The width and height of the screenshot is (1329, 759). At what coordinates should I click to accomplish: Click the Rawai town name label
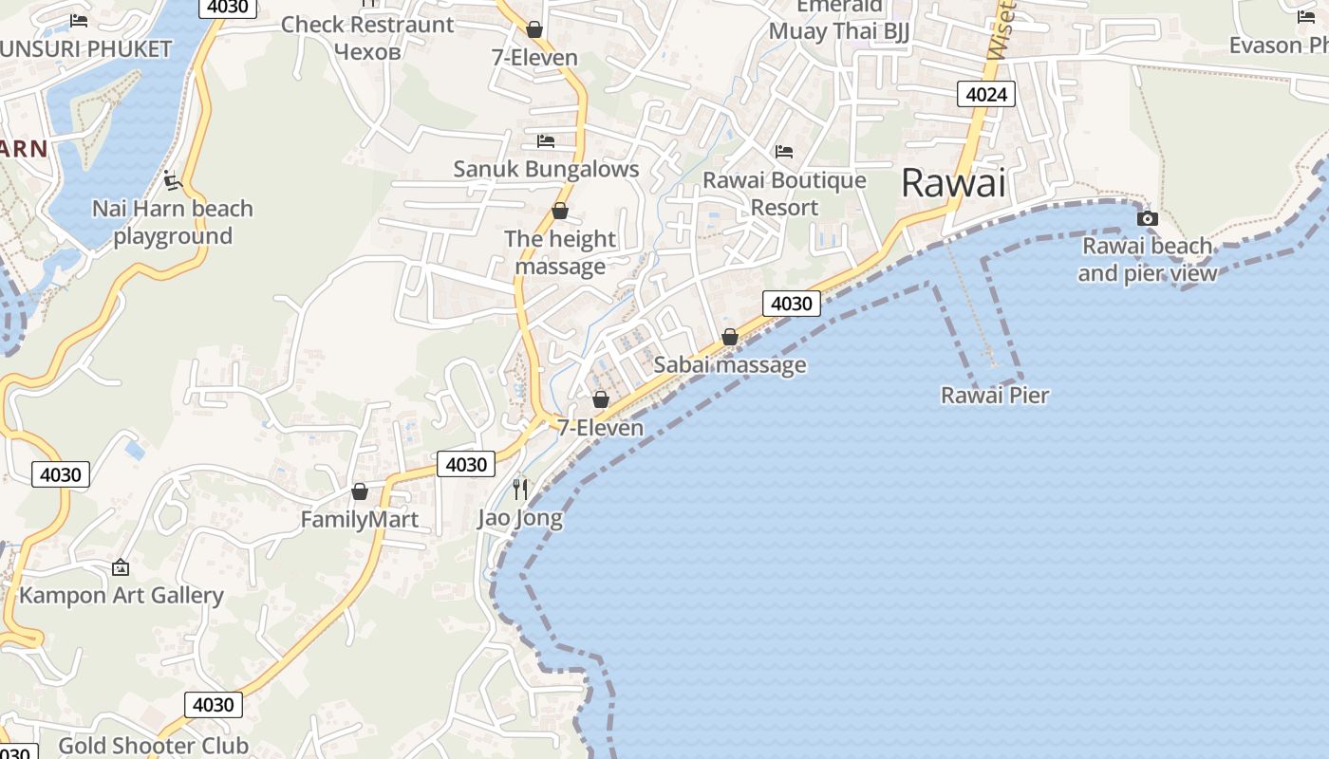(x=952, y=182)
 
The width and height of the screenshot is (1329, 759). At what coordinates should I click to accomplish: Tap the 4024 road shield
(x=986, y=94)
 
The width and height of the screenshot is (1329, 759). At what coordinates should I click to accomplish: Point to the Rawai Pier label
(x=995, y=395)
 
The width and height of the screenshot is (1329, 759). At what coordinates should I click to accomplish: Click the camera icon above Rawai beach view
(x=1147, y=219)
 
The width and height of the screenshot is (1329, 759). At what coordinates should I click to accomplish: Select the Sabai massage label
(x=730, y=364)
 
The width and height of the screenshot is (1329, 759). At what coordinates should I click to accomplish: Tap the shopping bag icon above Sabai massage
(x=730, y=337)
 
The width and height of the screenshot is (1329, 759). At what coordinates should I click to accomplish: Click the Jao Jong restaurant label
(x=520, y=518)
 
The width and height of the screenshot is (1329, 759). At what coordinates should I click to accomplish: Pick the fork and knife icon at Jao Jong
(x=520, y=489)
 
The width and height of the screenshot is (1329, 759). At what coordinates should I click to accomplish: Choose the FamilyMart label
(x=360, y=519)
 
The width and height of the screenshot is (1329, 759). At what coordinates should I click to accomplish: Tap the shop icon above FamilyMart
(x=360, y=491)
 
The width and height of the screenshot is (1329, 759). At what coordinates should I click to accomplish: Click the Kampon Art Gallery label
(x=122, y=595)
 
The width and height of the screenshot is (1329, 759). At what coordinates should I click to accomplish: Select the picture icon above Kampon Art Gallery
(x=121, y=567)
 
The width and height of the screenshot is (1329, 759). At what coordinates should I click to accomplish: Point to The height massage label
(x=560, y=252)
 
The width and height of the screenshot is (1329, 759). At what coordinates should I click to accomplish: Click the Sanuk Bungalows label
(x=546, y=169)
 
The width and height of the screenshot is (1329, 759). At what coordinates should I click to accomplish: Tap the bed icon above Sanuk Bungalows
(x=546, y=141)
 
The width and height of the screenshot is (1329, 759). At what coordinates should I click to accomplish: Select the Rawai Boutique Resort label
(x=784, y=194)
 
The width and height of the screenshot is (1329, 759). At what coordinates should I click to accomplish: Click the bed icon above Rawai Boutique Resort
(x=784, y=151)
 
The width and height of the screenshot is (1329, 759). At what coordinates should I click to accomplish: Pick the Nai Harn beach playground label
(x=173, y=222)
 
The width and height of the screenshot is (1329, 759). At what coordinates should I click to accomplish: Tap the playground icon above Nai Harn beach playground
(x=172, y=179)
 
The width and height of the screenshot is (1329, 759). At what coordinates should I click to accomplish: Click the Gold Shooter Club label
(x=154, y=746)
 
